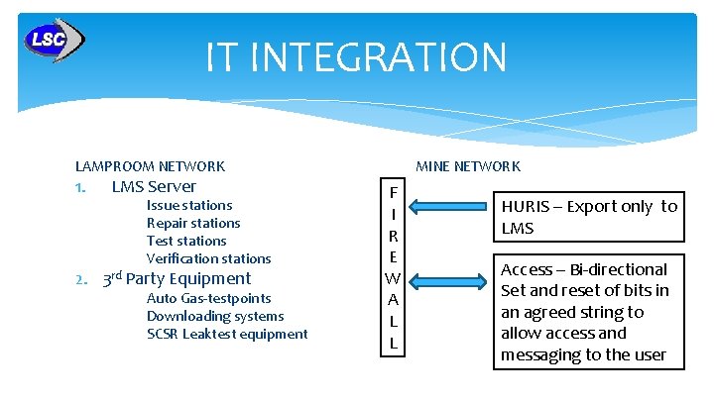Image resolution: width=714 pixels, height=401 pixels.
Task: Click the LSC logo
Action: [54, 41]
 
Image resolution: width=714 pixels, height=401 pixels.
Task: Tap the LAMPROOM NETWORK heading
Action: [150, 166]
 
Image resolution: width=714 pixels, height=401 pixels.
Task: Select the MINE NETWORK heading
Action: [468, 166]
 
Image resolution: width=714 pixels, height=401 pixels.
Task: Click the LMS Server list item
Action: [154, 186]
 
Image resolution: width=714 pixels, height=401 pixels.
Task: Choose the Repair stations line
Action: [193, 223]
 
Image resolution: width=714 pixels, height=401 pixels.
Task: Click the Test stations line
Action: [186, 241]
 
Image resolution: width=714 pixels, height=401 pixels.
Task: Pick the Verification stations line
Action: [208, 258]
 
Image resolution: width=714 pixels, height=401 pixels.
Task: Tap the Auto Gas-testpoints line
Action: [208, 298]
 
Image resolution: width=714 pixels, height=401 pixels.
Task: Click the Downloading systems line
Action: [215, 316]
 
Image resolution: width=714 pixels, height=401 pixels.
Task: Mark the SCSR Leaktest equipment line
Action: [227, 334]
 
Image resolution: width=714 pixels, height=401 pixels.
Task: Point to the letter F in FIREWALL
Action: [393, 192]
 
